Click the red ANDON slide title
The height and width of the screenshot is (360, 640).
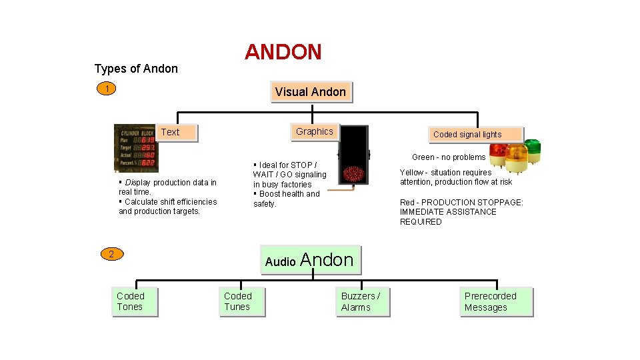[x=283, y=52]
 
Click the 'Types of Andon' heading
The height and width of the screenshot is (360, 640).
[x=136, y=69]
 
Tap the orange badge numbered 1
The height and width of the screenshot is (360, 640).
[x=107, y=89]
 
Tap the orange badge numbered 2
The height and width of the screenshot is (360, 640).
[x=111, y=253]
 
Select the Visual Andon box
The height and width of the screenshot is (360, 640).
[x=311, y=92]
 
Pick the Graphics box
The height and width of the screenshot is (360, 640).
[x=314, y=131]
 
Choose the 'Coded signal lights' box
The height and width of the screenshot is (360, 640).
[x=467, y=135]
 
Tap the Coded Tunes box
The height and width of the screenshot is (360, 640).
[x=242, y=302]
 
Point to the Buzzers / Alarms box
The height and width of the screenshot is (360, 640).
[x=363, y=302]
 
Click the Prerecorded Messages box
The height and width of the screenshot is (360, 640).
[x=496, y=302]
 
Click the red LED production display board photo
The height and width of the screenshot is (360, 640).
[x=135, y=147]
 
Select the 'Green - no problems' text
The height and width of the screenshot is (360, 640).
[x=449, y=157]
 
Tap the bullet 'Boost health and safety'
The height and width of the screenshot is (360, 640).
[x=287, y=199]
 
